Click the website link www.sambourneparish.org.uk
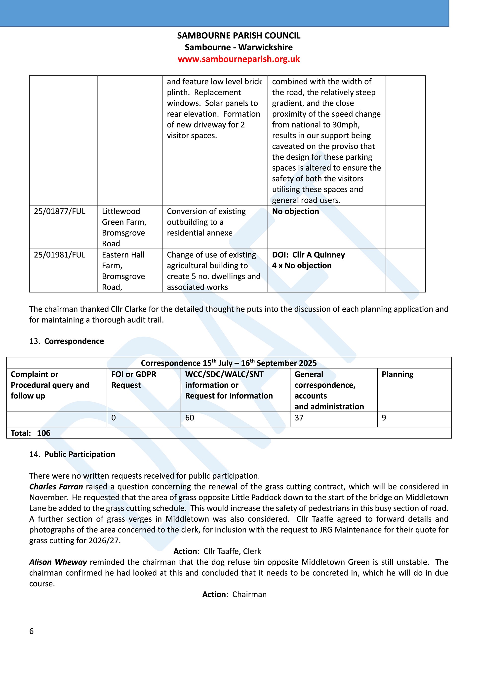[x=238, y=59]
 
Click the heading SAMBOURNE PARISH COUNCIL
[x=238, y=36]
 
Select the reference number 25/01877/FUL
[x=60, y=211]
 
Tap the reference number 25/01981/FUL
[x=60, y=255]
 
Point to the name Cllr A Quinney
[x=318, y=255]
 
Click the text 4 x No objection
[x=302, y=266]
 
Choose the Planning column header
[x=397, y=374]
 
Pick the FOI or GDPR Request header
[x=134, y=380]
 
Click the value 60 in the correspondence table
[x=190, y=418]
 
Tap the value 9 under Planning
[x=384, y=418]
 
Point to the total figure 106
[x=43, y=433]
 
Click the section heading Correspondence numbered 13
[x=74, y=341]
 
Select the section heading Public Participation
[x=79, y=454]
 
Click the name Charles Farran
[x=56, y=487]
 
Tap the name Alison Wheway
[x=58, y=562]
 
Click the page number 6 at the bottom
[x=32, y=631]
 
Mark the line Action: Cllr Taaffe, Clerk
[x=217, y=551]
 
